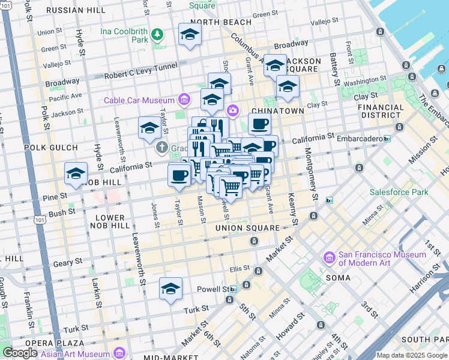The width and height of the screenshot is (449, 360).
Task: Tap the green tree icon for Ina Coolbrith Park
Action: (x=157, y=34)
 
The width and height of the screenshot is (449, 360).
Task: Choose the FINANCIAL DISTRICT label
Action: (x=381, y=111)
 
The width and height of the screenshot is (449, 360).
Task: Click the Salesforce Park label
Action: (x=399, y=193)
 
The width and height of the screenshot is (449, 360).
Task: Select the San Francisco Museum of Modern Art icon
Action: (x=329, y=258)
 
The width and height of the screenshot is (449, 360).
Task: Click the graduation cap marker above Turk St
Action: (x=171, y=289)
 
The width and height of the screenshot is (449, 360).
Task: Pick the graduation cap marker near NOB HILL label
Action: (x=76, y=173)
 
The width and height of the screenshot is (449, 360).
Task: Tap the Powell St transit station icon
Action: (x=233, y=289)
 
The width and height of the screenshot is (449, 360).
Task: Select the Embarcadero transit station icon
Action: (x=387, y=139)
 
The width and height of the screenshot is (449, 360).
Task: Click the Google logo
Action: (x=19, y=353)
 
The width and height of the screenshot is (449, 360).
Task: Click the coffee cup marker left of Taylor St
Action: (x=179, y=175)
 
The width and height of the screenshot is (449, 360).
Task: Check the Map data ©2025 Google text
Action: (x=411, y=355)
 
